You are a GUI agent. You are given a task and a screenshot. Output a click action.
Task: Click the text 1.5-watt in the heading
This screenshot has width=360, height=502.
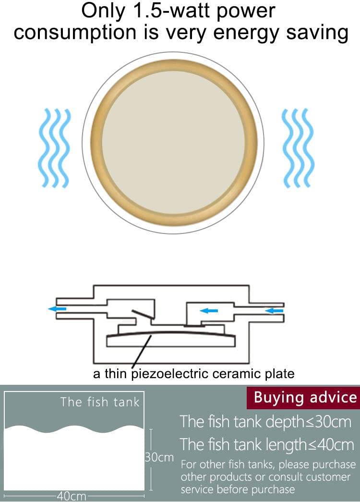tap(172, 11)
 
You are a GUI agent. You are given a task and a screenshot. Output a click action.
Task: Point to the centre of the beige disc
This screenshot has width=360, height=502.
tap(174, 143)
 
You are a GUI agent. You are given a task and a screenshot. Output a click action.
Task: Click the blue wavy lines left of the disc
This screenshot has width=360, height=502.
tap(54, 148)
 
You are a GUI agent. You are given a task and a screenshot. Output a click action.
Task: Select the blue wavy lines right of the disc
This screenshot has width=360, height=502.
tap(298, 148)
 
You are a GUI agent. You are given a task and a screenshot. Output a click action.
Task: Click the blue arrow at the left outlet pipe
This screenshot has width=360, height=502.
tap(57, 308)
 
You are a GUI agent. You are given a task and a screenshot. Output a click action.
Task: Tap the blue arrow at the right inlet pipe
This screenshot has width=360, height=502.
tap(274, 310)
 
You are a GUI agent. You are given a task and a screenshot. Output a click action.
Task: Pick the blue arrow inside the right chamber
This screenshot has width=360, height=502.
tap(209, 310)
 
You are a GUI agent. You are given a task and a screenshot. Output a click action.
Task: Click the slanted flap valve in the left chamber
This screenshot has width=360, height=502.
tap(143, 314)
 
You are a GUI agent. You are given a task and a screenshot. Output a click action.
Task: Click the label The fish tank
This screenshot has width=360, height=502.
tap(100, 402)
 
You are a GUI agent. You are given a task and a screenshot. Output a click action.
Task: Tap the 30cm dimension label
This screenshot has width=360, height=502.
tap(159, 457)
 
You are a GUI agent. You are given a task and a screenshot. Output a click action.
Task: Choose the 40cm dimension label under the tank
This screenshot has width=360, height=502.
tap(72, 496)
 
